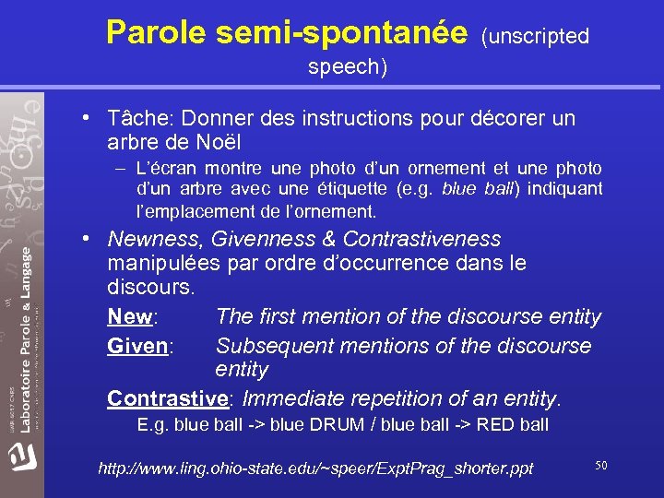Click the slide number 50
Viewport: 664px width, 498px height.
(600, 466)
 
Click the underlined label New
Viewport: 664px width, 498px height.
(129, 317)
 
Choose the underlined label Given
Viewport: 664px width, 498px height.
(138, 346)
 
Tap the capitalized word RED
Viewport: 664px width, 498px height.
(497, 425)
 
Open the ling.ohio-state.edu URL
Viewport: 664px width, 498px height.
(315, 468)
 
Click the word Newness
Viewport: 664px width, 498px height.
(157, 240)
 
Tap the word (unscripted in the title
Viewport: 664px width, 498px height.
(535, 36)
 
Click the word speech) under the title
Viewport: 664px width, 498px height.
(348, 67)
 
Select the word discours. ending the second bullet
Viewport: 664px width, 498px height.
(151, 288)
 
